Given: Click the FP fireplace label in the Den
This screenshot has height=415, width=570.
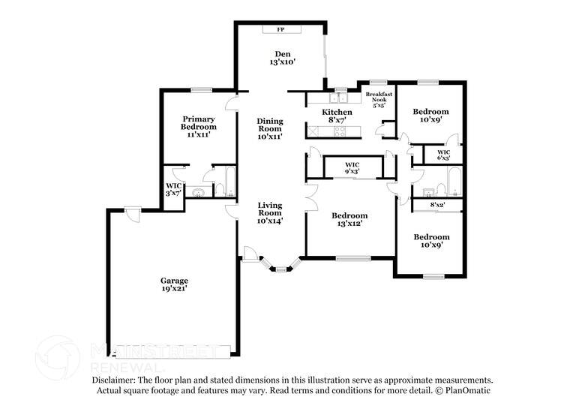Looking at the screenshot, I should coord(281,29).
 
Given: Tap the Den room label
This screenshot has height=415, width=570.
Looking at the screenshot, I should coord(282,58).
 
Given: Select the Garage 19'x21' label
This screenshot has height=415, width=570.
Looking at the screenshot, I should coord(173,284).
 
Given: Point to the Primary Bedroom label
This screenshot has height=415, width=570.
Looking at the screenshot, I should coord(199,128).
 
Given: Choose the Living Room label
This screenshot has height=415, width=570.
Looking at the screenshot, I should coord(270,212).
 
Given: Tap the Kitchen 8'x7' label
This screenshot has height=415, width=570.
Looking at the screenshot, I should coord(337,116).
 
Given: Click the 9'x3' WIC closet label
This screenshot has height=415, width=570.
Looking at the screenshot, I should coord(352,168).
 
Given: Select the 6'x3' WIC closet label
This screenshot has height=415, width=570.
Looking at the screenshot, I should coord(443,155).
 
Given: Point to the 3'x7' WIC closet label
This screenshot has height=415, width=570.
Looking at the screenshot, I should coord(174,189).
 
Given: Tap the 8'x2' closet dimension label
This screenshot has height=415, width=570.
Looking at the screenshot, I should coord(437,204).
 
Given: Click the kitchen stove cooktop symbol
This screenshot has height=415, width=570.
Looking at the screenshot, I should coord(340,132).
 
